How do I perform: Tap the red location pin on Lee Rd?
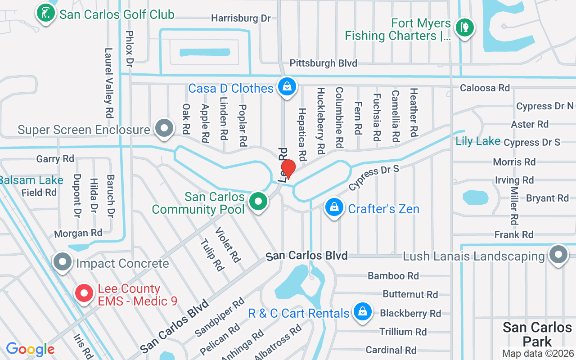tap(288, 169)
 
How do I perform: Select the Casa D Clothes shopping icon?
tap(287, 86)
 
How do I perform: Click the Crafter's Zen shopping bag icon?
tap(334, 207)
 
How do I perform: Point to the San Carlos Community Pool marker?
tap(258, 201)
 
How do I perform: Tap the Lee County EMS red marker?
tap(84, 293)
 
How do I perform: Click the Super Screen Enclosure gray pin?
tap(163, 128)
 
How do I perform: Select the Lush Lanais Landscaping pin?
tap(558, 255)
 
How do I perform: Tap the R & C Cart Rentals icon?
tap(362, 311)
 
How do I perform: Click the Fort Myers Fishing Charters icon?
tap(464, 27)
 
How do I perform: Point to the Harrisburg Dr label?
tap(241, 18)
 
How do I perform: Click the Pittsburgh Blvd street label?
tap(323, 63)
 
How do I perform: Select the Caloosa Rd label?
tap(485, 88)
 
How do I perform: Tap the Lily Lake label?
tap(477, 141)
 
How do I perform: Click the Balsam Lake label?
tap(31, 180)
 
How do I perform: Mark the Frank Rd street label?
tap(513, 234)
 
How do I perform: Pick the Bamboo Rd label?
tap(393, 275)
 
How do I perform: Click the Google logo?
tap(30, 349)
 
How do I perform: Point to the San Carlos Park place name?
tap(537, 333)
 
